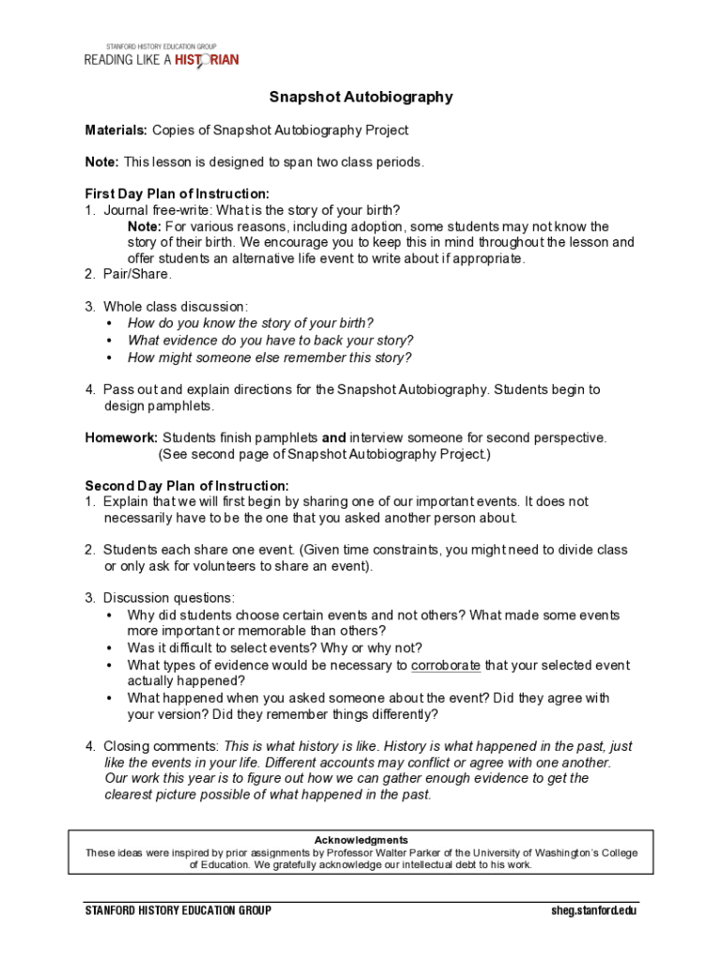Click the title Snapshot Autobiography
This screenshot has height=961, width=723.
361,97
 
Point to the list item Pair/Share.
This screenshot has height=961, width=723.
137,275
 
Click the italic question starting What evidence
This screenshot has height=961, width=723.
269,340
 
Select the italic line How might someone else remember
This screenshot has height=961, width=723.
269,358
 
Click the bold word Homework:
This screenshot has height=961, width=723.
121,437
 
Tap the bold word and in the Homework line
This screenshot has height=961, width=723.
333,437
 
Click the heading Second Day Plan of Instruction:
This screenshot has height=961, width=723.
187,486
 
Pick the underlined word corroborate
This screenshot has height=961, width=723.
446,665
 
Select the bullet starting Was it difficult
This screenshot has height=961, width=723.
274,648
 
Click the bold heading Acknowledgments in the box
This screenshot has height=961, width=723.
361,840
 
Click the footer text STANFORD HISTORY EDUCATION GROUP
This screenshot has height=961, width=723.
178,910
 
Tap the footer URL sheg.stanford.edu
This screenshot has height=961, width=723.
594,910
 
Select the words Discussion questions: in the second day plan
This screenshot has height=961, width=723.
169,598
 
